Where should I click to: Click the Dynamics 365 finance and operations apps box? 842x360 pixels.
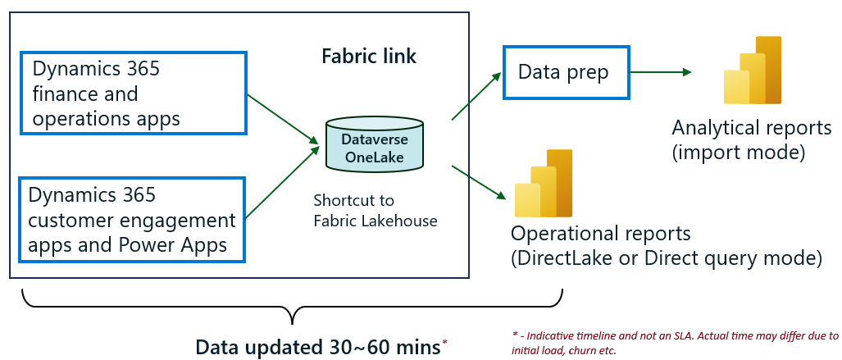pyautogui.click(x=133, y=93)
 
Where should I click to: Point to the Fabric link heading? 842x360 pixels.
pyautogui.click(x=368, y=57)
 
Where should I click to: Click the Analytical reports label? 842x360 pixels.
pyautogui.click(x=751, y=129)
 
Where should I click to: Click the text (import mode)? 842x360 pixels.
pyautogui.click(x=738, y=153)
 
